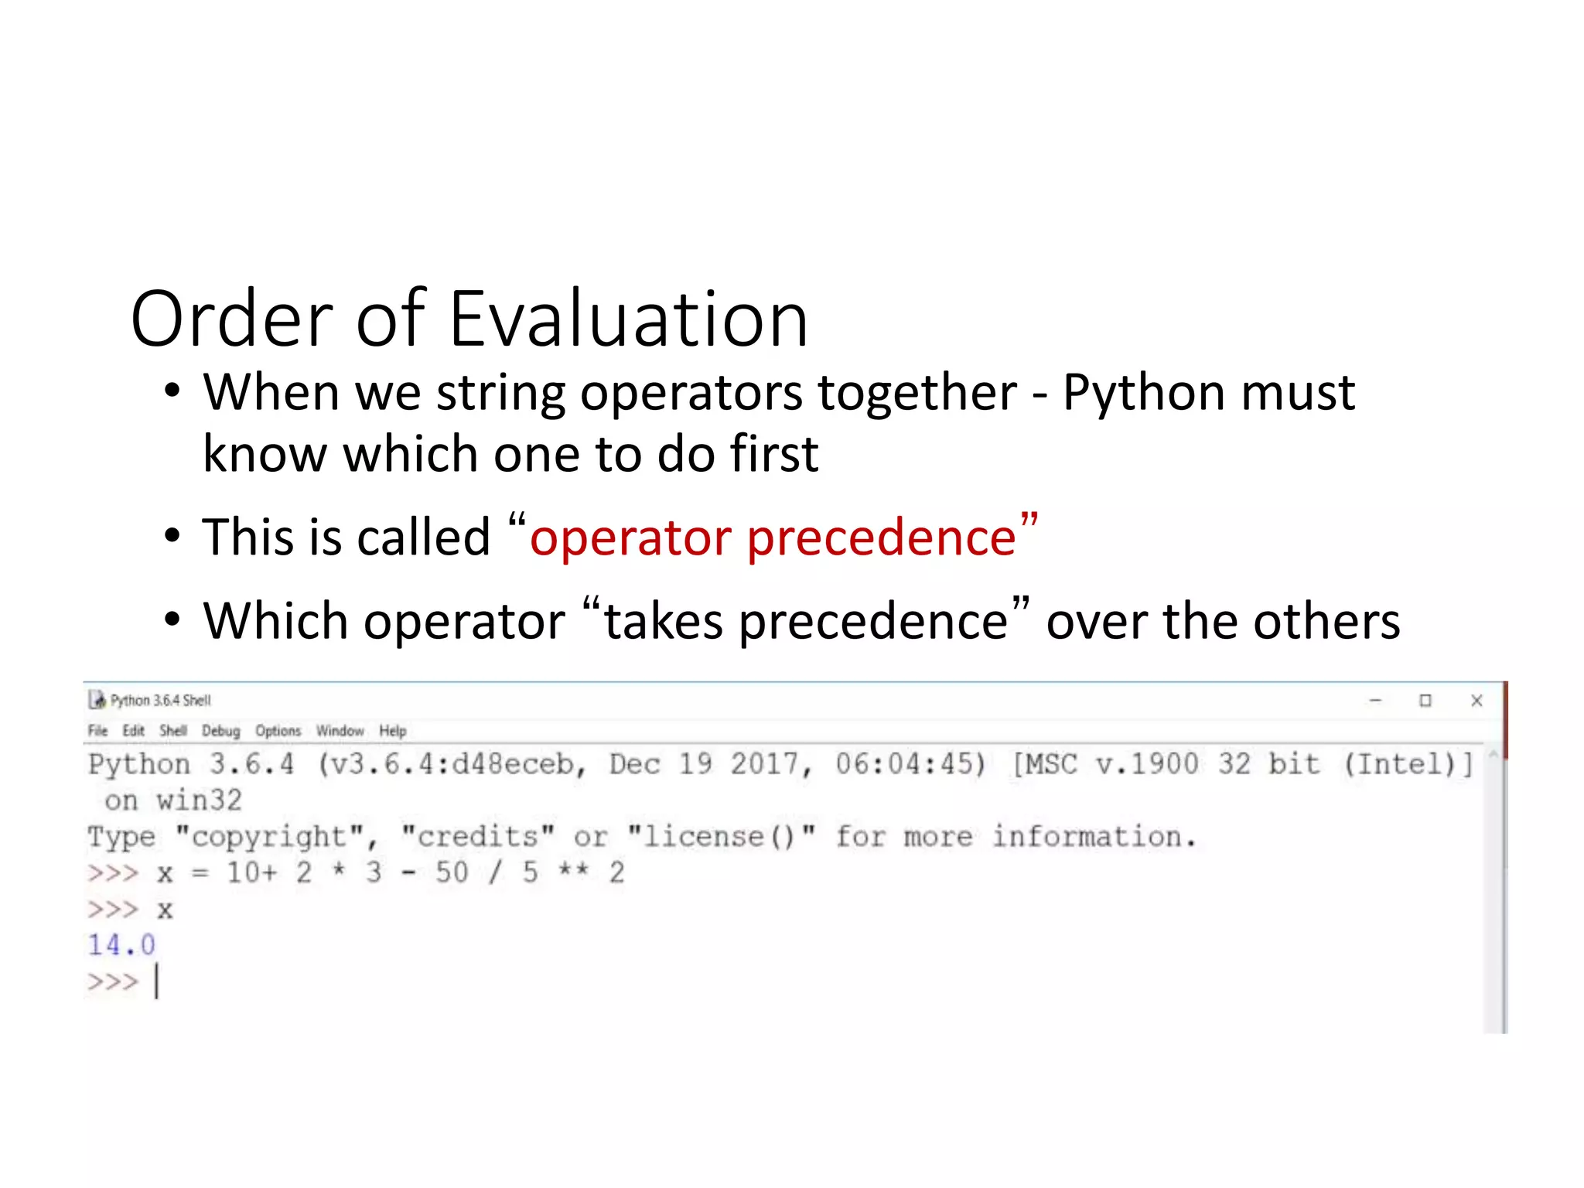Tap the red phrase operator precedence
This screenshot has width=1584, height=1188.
[772, 537]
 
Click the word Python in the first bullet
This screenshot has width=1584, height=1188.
[1143, 393]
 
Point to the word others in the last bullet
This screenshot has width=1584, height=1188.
[1326, 621]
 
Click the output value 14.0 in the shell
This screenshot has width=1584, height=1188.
[121, 945]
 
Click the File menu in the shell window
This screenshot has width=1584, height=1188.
[97, 731]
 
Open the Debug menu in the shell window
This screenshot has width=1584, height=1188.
[220, 731]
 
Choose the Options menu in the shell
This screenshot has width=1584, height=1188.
[278, 731]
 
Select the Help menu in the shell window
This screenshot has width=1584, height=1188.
[392, 731]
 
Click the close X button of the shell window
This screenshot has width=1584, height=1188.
[1476, 701]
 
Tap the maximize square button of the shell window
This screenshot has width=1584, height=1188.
[1425, 701]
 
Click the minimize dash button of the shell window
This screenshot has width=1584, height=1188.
[1375, 701]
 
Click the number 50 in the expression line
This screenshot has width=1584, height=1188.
[452, 873]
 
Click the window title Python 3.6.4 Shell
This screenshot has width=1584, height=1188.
[160, 701]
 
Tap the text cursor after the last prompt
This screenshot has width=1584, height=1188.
[156, 981]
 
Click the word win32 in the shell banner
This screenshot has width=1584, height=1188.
[199, 801]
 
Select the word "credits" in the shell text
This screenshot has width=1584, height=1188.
[477, 837]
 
